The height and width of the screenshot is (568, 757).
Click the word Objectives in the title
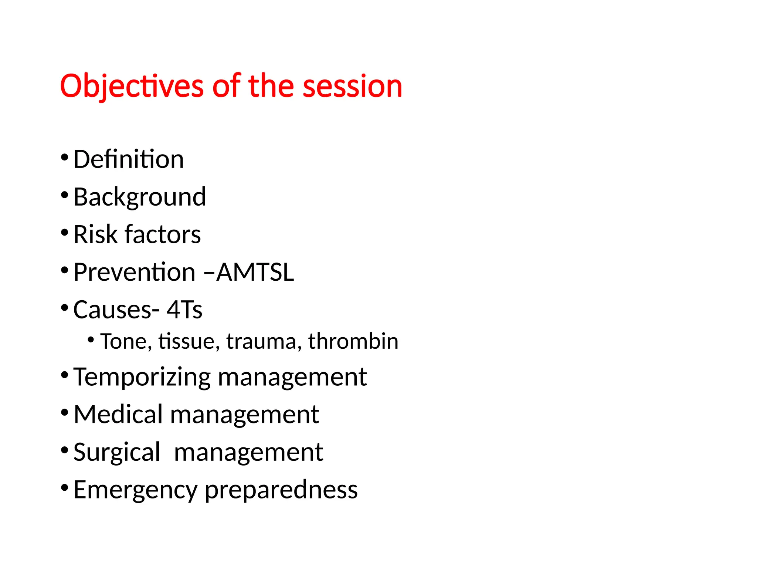click(x=132, y=86)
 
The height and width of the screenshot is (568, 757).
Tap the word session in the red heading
click(x=352, y=86)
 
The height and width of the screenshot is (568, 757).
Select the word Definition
click(x=128, y=159)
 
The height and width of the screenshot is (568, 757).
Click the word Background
click(x=139, y=197)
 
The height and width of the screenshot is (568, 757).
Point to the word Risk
click(x=95, y=234)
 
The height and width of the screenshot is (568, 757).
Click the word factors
click(x=163, y=234)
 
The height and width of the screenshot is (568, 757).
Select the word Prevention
click(x=134, y=272)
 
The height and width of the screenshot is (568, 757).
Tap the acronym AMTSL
click(x=255, y=272)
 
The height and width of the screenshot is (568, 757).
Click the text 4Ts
click(x=184, y=310)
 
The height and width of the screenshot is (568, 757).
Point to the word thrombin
click(x=353, y=341)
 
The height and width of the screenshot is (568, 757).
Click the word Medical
click(x=118, y=414)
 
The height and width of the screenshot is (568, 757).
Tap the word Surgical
click(x=116, y=452)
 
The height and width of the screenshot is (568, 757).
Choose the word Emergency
click(x=135, y=490)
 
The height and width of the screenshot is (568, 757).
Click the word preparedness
click(x=281, y=490)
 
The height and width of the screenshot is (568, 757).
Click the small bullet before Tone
click(x=91, y=339)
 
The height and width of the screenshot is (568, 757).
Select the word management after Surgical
click(x=248, y=452)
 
